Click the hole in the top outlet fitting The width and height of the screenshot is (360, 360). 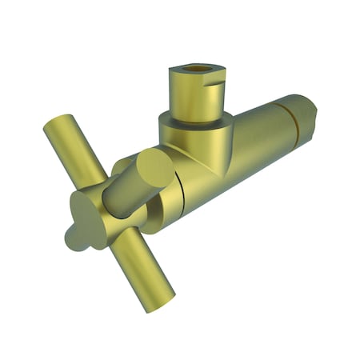point(194,70)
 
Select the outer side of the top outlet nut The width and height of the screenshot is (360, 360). point(189,94)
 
